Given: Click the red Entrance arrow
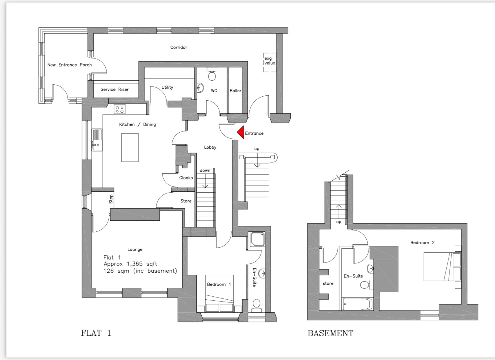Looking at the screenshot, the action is tap(241, 133).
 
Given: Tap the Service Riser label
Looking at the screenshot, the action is tap(115, 90).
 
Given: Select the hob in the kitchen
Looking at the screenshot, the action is tap(119, 109).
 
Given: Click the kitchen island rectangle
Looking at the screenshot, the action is tap(130, 147).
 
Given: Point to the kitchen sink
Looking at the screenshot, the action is tap(97, 140).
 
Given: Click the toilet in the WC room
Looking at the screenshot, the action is tap(212, 74).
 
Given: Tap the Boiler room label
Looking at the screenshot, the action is tap(235, 90).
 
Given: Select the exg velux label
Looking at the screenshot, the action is tap(270, 61).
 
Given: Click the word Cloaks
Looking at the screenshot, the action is tap(186, 178).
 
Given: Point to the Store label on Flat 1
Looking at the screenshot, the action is tap(186, 201).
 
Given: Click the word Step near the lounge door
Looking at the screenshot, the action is tap(111, 199).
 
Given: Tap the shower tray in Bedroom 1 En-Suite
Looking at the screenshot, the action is tap(257, 239).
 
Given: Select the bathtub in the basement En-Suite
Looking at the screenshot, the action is tap(357, 304).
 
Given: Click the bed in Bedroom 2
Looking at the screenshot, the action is tap(442, 266).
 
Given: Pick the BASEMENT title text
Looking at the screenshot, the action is tap(330, 333).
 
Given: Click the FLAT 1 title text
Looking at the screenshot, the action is tap(96, 333).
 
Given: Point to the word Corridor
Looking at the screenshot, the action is tap(179, 47).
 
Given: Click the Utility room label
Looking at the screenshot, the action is tap(167, 87).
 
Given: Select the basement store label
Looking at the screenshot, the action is tap(328, 284).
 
